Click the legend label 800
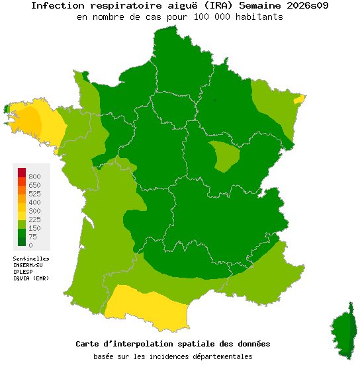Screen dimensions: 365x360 [34, 177]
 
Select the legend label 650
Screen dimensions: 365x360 [34, 185]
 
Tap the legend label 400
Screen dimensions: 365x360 [34, 202]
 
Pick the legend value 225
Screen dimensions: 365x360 [34, 220]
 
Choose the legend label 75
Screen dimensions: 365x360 [32, 237]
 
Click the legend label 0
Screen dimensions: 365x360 [30, 245]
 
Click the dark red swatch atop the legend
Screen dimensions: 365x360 [22, 173]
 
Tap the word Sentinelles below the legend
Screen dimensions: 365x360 [31, 259]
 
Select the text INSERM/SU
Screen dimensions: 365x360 [28, 265]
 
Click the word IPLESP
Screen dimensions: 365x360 [23, 272]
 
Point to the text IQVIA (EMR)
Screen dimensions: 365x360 [31, 278]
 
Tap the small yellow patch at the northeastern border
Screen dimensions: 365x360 [299, 99]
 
